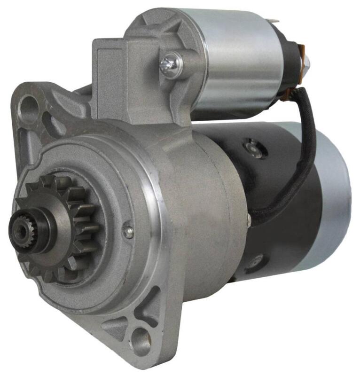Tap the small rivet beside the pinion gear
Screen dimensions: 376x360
(128, 231)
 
